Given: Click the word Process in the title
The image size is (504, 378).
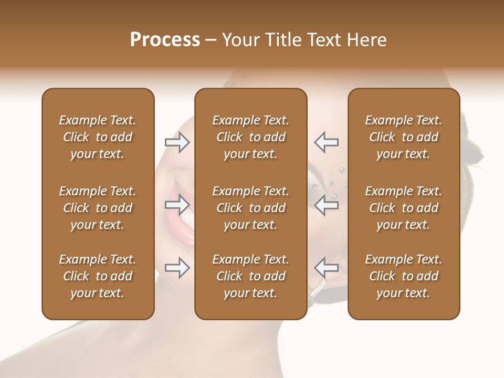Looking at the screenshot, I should (x=165, y=40).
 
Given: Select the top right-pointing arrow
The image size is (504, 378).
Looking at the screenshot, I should (x=177, y=142).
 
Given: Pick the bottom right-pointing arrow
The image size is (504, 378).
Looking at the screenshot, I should (x=177, y=268).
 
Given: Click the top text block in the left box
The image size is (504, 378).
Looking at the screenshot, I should (x=98, y=137).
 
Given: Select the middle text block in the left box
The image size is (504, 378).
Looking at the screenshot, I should (x=98, y=208).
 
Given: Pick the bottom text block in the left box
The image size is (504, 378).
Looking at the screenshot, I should (x=98, y=276).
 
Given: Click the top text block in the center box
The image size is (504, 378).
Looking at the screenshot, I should (x=250, y=137).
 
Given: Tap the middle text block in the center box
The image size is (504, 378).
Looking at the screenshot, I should (x=250, y=208).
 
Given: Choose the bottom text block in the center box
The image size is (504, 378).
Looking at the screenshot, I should (x=250, y=276).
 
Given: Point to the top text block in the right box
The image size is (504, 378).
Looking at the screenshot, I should (x=403, y=137).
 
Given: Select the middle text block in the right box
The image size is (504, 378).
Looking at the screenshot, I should (x=403, y=208).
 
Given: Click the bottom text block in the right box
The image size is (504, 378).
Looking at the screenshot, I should (x=403, y=276).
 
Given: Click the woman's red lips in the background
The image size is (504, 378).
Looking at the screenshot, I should (x=185, y=231).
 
